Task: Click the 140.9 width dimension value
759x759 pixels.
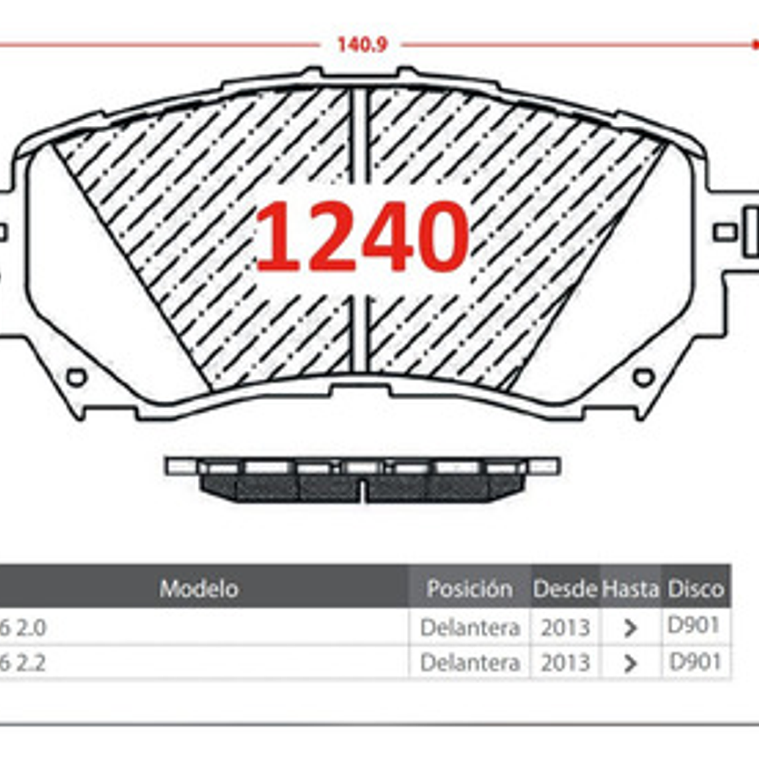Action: [x=362, y=45]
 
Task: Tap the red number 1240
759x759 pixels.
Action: [x=362, y=237]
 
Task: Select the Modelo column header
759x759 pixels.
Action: [x=198, y=589]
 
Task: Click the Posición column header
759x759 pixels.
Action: [x=469, y=589]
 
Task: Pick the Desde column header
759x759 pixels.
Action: [x=565, y=589]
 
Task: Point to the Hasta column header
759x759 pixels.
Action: [x=630, y=589]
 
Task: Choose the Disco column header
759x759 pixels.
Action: [x=695, y=589]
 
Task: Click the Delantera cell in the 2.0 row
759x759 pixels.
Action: [x=469, y=627]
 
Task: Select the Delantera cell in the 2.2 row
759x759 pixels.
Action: [x=469, y=662]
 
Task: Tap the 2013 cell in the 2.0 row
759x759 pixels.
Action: [x=565, y=627]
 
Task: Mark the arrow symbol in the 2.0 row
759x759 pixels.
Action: [x=630, y=628]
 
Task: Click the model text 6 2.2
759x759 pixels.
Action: [x=23, y=663]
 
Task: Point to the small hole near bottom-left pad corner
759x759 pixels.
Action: [x=77, y=378]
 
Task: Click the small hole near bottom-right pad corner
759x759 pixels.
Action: [x=643, y=378]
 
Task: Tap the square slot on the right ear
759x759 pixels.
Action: [x=724, y=232]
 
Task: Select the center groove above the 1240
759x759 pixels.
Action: [x=360, y=133]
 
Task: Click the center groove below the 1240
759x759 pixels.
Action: [x=360, y=333]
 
